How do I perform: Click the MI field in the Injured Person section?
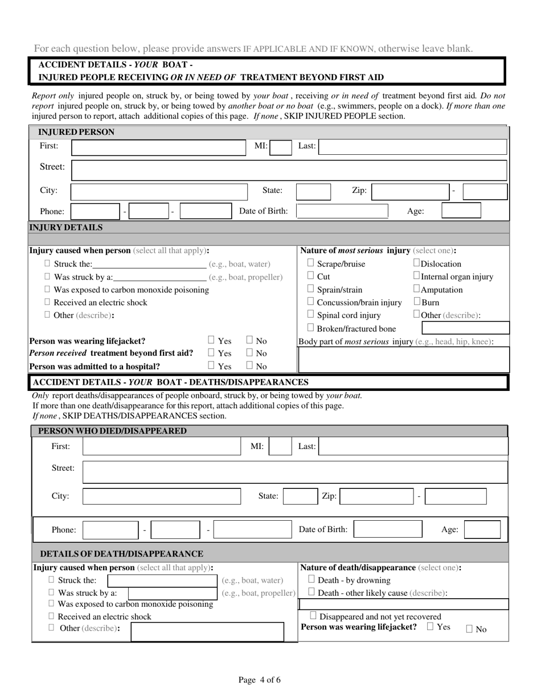click(280, 147)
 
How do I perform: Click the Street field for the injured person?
click(289, 170)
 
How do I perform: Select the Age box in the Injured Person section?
click(461, 211)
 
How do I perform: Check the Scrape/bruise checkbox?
click(311, 263)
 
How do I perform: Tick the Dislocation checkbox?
click(417, 263)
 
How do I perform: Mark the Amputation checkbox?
click(417, 290)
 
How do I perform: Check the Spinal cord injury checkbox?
click(311, 315)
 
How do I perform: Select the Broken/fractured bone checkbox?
click(311, 328)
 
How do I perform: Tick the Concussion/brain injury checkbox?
click(311, 302)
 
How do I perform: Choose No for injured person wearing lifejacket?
click(249, 341)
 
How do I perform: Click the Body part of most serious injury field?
click(403, 359)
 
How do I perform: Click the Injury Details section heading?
click(66, 228)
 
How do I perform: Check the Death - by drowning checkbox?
click(312, 580)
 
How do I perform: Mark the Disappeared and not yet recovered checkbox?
click(314, 616)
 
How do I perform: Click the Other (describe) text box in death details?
click(207, 631)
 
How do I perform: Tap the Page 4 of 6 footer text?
click(260, 680)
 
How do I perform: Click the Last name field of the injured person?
click(412, 147)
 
